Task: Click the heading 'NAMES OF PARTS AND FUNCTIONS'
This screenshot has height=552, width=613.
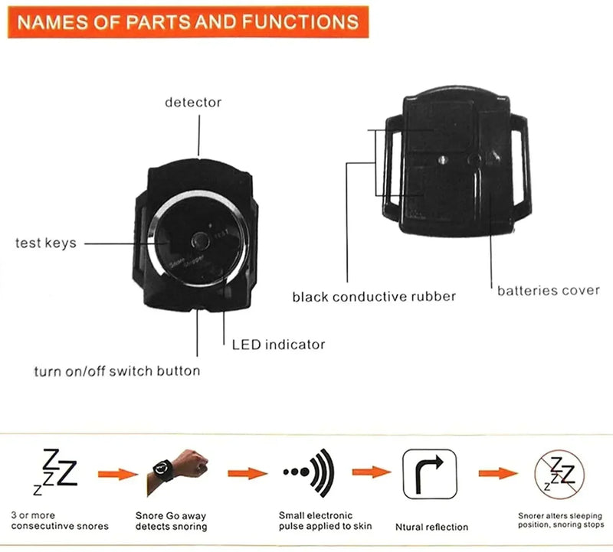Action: (x=188, y=21)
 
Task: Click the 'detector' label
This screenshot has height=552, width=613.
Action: (x=193, y=102)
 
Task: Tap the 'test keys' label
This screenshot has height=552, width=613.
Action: (x=46, y=243)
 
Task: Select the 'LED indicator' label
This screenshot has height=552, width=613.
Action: (x=278, y=345)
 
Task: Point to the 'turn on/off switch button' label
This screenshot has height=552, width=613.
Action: (x=117, y=371)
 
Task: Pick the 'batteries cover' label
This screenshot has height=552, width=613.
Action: (x=549, y=290)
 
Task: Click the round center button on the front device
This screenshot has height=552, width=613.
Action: (x=202, y=240)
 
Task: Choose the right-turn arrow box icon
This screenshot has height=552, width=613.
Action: (x=429, y=472)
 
